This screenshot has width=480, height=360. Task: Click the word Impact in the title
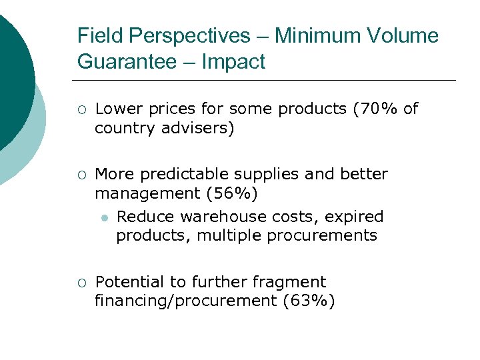pos(233,62)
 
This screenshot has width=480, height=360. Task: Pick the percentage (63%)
pos(309,301)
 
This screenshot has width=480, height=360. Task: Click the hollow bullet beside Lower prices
pos(81,109)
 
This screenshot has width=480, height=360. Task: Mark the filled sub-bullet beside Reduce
pos(103,217)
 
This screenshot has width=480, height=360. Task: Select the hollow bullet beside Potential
pos(81,283)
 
